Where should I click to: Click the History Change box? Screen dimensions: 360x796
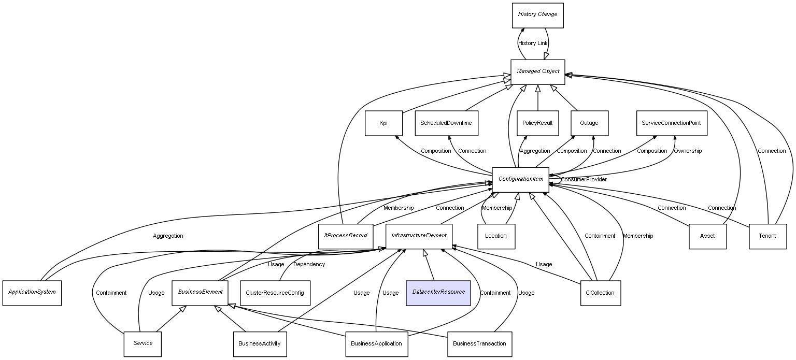537,15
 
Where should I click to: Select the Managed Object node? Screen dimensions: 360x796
537,71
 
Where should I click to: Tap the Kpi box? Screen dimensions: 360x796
383,123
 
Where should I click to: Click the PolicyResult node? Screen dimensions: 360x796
537,123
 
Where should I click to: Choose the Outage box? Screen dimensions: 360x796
589,123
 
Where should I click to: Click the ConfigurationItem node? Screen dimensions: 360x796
520,179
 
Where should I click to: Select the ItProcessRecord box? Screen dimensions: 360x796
346,236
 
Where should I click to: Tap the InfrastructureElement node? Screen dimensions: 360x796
419,236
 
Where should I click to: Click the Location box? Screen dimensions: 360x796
496,236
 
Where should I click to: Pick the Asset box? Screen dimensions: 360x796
707,236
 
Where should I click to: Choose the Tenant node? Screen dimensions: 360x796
767,236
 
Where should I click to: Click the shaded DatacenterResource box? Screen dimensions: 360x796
438,292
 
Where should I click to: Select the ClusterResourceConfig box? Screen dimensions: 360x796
275,293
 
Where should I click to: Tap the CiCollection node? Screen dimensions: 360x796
600,293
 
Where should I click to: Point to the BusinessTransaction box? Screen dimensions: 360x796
479,344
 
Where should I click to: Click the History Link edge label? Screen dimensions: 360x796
533,44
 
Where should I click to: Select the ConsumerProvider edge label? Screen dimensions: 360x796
584,180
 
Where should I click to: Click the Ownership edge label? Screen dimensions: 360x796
688,151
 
